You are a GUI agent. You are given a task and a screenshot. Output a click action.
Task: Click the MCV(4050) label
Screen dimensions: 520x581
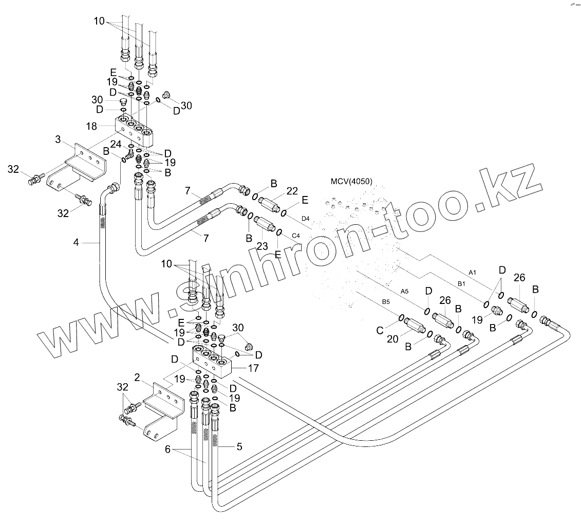[352, 182]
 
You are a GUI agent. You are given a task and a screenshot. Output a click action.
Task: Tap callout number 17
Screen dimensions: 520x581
[253, 368]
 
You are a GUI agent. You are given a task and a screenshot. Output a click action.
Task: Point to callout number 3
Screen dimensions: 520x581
[58, 139]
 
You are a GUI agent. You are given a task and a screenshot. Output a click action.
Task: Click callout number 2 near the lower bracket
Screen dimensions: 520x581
[137, 378]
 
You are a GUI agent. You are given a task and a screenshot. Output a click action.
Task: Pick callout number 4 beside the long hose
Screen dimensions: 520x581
[76, 242]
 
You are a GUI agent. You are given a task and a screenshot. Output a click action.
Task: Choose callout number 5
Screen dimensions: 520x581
[239, 447]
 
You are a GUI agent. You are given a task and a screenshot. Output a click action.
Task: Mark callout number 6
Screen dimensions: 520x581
[167, 449]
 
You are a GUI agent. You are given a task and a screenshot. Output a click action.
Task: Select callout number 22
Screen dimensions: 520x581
[292, 191]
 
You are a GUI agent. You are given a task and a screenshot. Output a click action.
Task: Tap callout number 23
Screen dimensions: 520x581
[262, 246]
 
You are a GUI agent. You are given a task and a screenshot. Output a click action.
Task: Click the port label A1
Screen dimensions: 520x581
[473, 272]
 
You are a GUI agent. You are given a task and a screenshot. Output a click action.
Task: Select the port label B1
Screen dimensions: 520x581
[461, 283]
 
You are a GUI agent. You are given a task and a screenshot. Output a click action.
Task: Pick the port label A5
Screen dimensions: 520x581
[404, 291]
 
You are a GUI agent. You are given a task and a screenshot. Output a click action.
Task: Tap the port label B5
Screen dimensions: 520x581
[385, 302]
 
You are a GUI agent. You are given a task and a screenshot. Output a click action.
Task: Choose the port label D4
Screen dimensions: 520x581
[306, 220]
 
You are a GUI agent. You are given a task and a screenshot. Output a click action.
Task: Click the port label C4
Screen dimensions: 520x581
[295, 236]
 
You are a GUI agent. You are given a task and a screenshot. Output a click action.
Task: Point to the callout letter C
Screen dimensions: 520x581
[381, 331]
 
